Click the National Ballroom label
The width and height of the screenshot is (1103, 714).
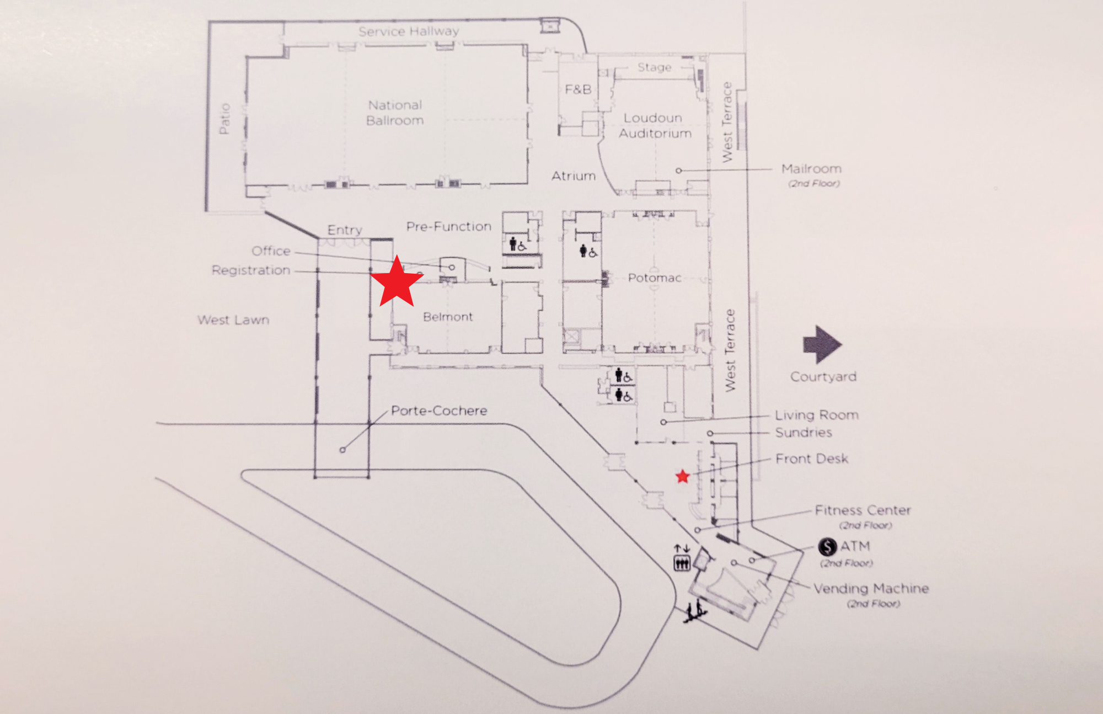click(395, 113)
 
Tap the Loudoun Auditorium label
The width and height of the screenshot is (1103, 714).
click(655, 126)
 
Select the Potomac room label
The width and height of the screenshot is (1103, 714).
click(655, 278)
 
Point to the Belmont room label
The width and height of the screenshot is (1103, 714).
click(448, 317)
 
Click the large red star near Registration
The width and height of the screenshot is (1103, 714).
click(397, 283)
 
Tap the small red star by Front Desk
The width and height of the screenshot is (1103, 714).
click(683, 476)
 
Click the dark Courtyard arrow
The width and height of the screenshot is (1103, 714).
click(822, 344)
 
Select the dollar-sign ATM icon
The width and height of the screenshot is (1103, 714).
click(827, 547)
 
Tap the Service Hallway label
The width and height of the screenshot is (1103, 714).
click(409, 31)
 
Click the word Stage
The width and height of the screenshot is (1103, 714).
click(655, 67)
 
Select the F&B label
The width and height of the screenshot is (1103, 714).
click(578, 89)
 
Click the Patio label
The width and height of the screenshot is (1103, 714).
click(224, 118)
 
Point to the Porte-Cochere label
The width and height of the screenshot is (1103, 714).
click(439, 411)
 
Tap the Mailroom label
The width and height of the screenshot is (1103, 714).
click(811, 169)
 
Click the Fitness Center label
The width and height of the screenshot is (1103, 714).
click(863, 510)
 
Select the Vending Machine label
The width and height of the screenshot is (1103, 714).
click(871, 589)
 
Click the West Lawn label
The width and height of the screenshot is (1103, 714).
click(233, 320)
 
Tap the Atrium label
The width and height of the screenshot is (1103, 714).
click(574, 176)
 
